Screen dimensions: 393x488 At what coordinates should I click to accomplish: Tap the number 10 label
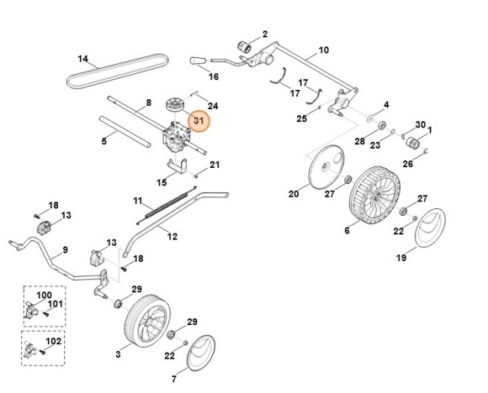click(x=325, y=50)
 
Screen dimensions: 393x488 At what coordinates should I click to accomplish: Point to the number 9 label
click(x=64, y=251)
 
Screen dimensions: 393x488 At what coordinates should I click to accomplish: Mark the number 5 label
click(x=103, y=142)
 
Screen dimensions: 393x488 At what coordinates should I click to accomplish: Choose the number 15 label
click(x=162, y=182)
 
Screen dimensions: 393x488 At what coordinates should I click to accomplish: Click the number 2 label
click(x=264, y=34)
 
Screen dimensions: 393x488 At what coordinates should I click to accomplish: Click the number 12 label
click(x=172, y=237)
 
